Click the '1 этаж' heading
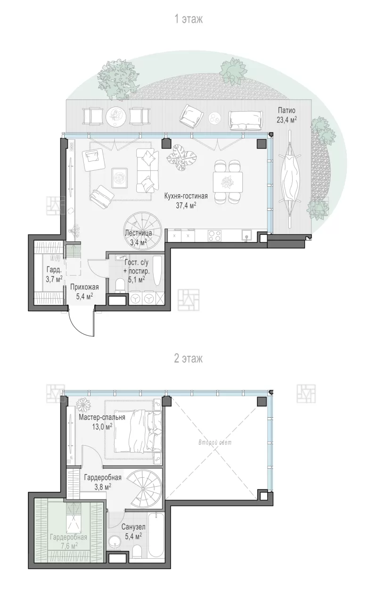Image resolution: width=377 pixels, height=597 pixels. (188, 19)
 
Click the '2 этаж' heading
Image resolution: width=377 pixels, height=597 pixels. (188, 358)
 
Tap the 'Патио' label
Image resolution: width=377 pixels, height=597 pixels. (287, 110)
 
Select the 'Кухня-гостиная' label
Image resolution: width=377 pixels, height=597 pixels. (186, 196)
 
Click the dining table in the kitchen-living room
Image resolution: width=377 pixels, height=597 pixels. (228, 182)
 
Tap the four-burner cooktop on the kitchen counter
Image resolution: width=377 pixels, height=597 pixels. (215, 236)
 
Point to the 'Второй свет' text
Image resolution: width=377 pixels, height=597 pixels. (215, 443)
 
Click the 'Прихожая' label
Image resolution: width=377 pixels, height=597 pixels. (84, 287)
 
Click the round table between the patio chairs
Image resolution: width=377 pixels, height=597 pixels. (116, 116)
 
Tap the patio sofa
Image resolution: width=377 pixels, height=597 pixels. (246, 120)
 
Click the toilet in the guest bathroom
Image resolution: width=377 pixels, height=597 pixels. (120, 285)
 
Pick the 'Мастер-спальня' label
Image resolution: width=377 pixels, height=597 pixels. (102, 417)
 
